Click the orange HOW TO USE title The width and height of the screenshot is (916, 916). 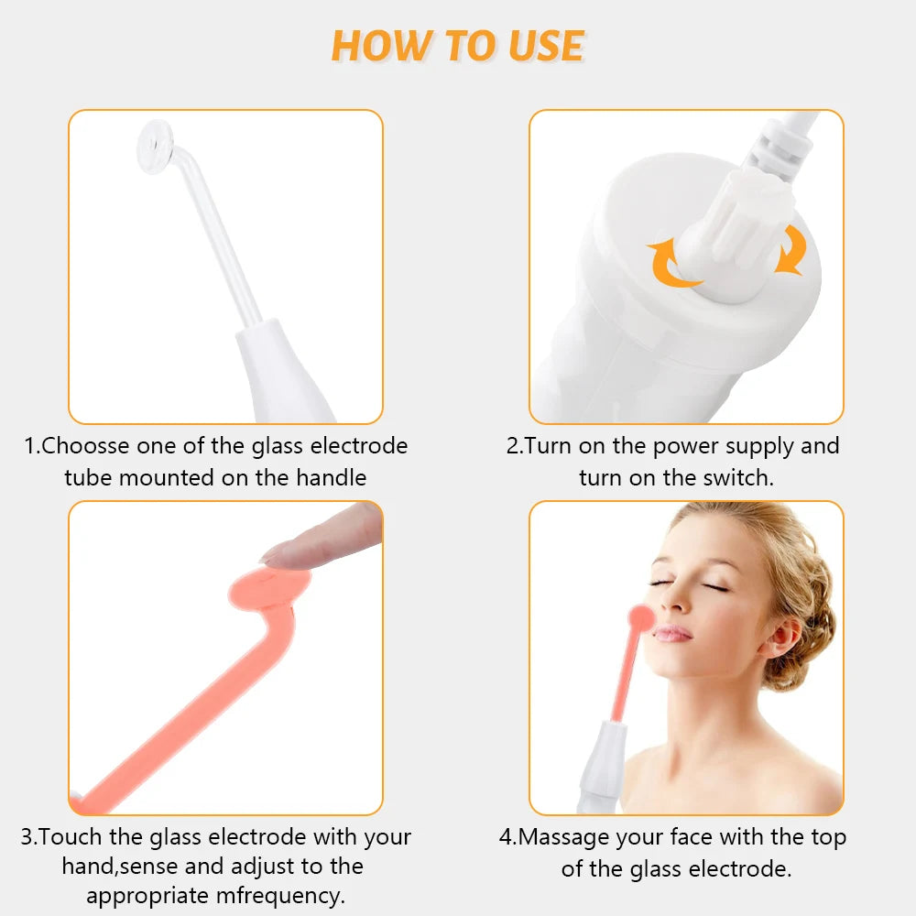pyautogui.click(x=457, y=45)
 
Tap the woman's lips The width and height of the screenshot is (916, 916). pyautogui.click(x=673, y=633)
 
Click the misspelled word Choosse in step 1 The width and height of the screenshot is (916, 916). pyautogui.click(x=88, y=446)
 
